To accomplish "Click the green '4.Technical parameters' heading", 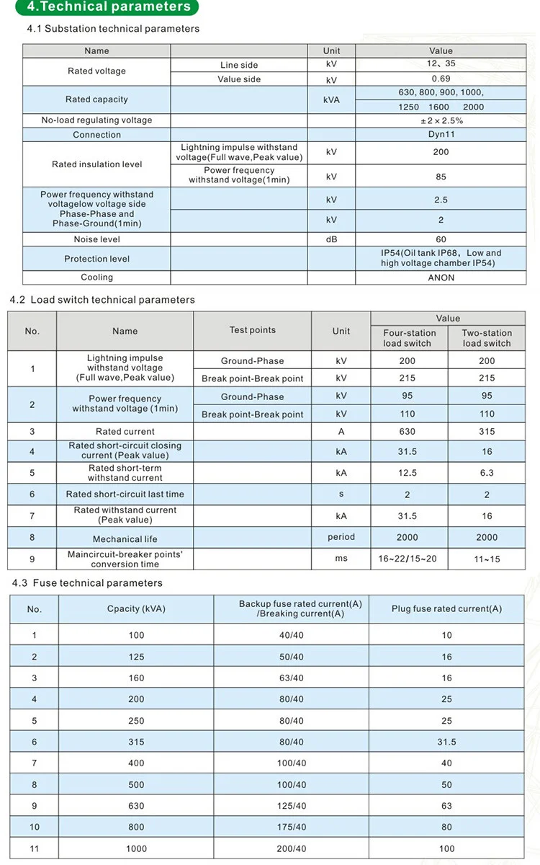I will pos(108,7).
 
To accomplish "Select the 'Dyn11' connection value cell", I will pos(441,135).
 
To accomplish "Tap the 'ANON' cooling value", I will pos(441,278).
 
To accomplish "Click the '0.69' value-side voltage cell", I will pos(441,79).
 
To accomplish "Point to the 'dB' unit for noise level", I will pos(331,239).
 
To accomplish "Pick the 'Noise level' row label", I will pos(96,239).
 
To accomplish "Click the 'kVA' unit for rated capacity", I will pos(331,99).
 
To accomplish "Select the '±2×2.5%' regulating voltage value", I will pos(441,120).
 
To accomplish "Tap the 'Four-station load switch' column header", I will pos(409,338).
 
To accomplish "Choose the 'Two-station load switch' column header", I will pos(487,338).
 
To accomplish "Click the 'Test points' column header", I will pos(252,330).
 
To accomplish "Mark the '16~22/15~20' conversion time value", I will pos(408,559).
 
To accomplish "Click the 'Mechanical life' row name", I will pos(125,539).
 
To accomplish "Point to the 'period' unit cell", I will pos(341,537).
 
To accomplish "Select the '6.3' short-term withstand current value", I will pos(487,473).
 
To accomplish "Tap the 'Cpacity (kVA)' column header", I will pos(136,608).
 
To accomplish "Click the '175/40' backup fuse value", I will pos(291,828).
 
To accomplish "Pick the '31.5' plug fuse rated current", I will pos(446,742).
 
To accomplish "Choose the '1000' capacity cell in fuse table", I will pos(136,849).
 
